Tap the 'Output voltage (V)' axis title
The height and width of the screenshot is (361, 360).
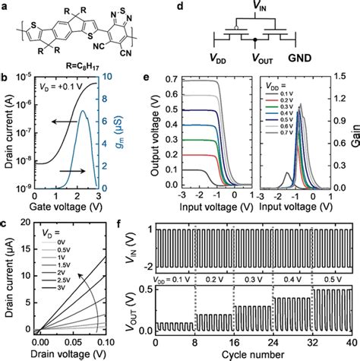(157, 138)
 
